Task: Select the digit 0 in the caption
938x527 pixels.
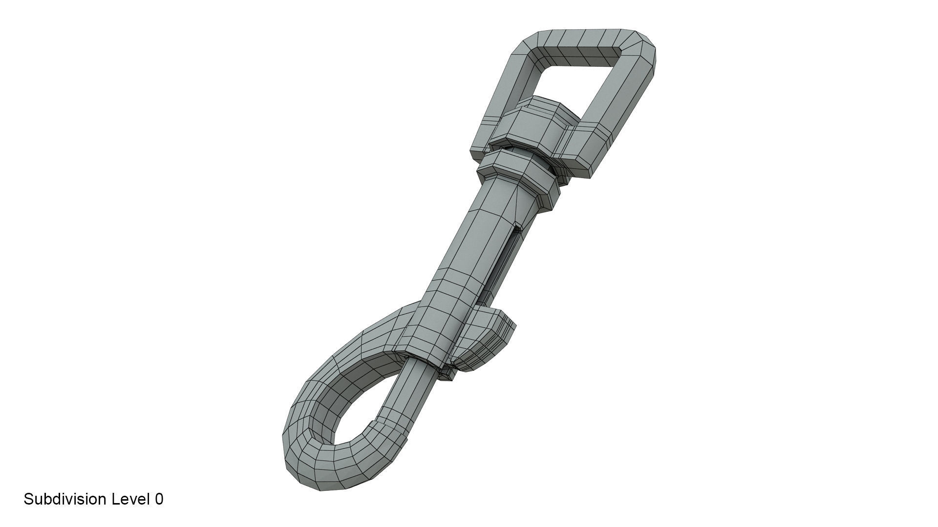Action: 159,499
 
